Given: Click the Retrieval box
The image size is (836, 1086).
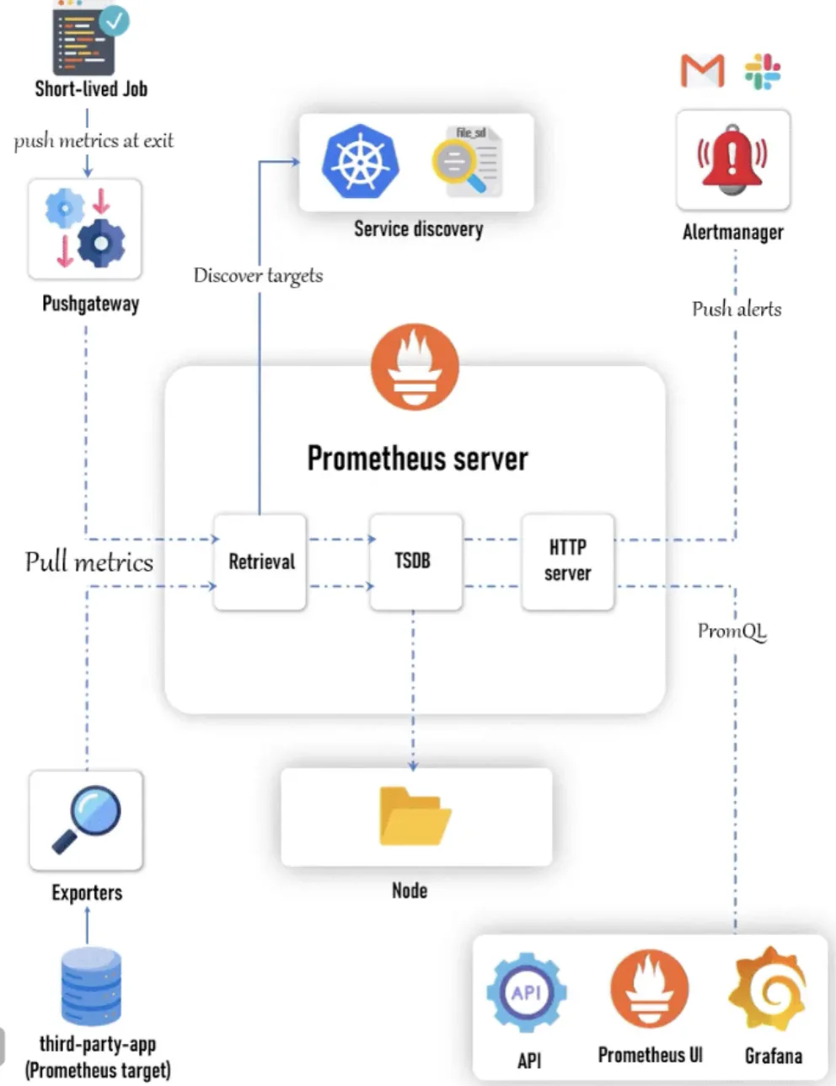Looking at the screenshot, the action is point(260,562).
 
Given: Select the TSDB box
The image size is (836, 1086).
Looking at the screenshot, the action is point(415,562).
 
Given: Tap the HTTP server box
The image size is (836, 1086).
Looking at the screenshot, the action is point(568,562).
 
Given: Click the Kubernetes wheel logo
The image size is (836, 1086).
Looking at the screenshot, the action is point(361,161).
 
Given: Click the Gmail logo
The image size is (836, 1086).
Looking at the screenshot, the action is point(702,71).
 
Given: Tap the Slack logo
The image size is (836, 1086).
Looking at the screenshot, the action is point(763,72).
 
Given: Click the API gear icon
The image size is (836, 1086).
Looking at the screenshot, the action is point(527,992).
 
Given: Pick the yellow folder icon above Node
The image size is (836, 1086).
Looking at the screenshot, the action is point(415,815).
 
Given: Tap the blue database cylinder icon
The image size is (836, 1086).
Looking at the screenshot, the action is point(91,986).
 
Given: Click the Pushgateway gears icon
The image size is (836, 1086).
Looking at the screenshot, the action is point(85,228).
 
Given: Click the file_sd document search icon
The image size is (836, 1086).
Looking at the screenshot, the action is point(468,161).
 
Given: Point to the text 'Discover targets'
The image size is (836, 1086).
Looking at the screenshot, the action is point(258,276).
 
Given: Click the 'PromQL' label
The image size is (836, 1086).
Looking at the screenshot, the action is point(732,632).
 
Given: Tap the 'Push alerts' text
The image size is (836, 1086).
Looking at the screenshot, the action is point(737,309).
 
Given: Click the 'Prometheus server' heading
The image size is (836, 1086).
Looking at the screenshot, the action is point(417,459).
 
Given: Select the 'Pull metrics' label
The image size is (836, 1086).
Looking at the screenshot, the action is point(88,562).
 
